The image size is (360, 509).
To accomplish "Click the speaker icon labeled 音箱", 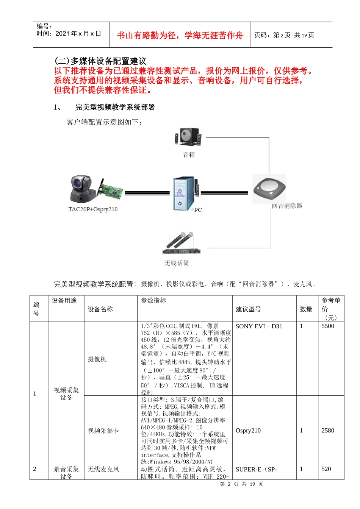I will [188, 137].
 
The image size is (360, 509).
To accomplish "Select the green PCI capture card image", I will [110, 190].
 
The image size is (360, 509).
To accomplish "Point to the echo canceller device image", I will [269, 189].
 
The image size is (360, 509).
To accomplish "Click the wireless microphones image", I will [180, 243].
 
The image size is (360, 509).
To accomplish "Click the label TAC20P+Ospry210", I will [93, 209].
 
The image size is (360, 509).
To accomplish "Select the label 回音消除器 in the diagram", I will [287, 206].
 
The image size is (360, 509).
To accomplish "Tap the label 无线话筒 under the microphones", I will [176, 263].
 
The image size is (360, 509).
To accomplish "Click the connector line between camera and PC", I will [147, 193].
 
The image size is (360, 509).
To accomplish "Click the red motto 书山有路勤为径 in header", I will [180, 35].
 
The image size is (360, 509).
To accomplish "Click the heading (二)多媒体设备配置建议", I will [100, 61].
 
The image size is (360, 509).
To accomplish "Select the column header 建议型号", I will [248, 309].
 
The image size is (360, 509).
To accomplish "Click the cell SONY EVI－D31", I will [259, 326].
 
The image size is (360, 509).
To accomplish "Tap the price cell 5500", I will [328, 326].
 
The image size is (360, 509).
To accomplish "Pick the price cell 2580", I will [328, 430].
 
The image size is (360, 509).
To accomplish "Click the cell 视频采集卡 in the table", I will [103, 431].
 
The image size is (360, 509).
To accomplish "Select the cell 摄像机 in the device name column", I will [97, 359].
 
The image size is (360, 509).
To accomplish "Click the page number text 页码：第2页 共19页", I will [284, 35].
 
